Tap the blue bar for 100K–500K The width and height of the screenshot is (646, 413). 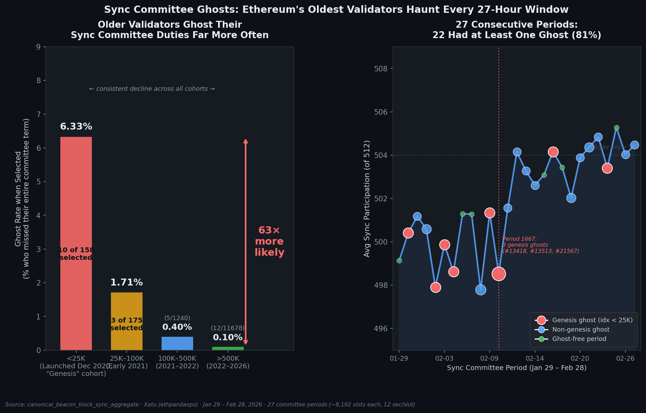point(177,343)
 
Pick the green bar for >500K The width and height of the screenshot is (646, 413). point(228,348)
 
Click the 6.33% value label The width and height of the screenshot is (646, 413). point(76,127)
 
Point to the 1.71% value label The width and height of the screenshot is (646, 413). point(127,283)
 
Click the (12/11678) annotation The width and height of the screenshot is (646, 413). point(228,328)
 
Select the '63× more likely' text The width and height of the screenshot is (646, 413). point(269,241)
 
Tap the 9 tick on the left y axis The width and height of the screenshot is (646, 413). point(38,47)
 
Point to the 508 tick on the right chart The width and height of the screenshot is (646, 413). point(380,69)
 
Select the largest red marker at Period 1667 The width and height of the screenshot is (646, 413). point(499,274)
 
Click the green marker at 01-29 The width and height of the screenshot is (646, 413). point(399,261)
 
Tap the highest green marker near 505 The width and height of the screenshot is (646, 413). point(617,128)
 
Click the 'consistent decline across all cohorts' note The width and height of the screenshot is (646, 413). point(152,89)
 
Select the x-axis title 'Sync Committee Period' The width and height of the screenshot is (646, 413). point(516,368)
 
